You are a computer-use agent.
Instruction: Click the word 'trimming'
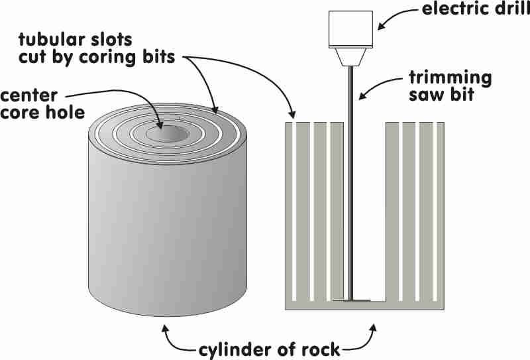click(x=450, y=78)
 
